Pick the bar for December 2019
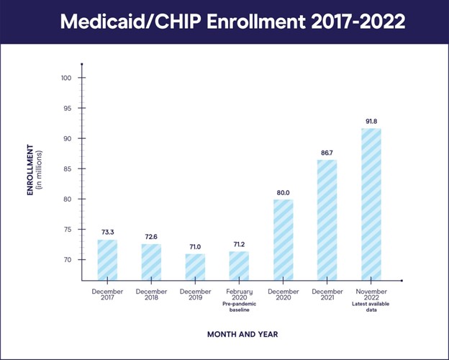pyautogui.click(x=195, y=266)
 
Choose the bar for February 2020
pyautogui.click(x=239, y=266)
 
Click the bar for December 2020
pyautogui.click(x=283, y=240)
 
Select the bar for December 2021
pyautogui.click(x=327, y=220)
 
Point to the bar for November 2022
pyautogui.click(x=371, y=204)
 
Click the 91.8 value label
pyautogui.click(x=371, y=121)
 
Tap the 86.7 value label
pyautogui.click(x=327, y=153)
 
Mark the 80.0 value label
pyautogui.click(x=283, y=192)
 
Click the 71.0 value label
pyautogui.click(x=195, y=246)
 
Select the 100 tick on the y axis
pyautogui.click(x=68, y=78)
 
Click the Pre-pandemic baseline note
pyautogui.click(x=239, y=307)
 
